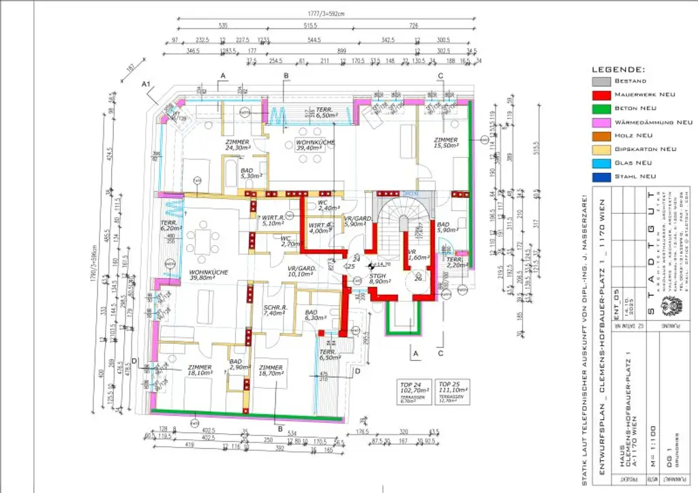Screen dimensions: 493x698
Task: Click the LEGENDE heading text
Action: pos(618,69)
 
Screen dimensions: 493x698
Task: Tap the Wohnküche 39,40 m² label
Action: pos(315,144)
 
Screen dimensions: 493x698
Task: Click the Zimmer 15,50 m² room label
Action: pos(448,143)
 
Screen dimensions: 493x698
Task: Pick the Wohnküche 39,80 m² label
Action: pos(189,274)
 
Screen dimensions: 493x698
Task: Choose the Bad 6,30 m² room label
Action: pos(316,315)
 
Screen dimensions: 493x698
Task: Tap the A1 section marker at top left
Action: pos(145,84)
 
